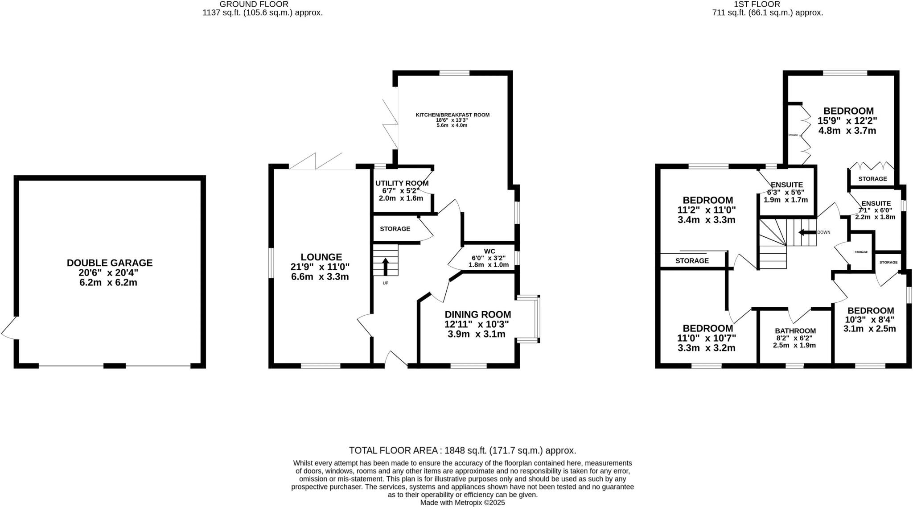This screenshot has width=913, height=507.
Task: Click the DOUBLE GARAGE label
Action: pos(110,263)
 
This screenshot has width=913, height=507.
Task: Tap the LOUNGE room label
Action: pos(321,257)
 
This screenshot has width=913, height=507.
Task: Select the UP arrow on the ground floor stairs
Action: pos(385,267)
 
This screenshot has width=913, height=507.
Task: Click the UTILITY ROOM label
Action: pos(402,183)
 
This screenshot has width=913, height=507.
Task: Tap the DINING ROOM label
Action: pos(477,314)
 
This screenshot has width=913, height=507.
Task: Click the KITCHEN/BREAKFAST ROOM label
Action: pos(452,115)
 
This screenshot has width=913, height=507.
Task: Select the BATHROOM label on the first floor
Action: pos(795,331)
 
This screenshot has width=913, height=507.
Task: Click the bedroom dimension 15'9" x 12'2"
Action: pos(847,121)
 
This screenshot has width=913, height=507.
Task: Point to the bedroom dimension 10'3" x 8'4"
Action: pos(869,320)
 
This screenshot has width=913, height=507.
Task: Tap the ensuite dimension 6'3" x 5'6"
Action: pos(786,192)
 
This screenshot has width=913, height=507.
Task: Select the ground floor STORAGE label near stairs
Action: pos(395,229)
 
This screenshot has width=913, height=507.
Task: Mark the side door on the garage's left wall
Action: pos(10,329)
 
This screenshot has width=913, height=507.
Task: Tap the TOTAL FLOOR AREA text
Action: pos(462,450)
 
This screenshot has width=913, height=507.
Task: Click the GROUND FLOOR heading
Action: pos(263,4)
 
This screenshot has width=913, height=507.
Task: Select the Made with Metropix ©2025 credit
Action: pos(462,503)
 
